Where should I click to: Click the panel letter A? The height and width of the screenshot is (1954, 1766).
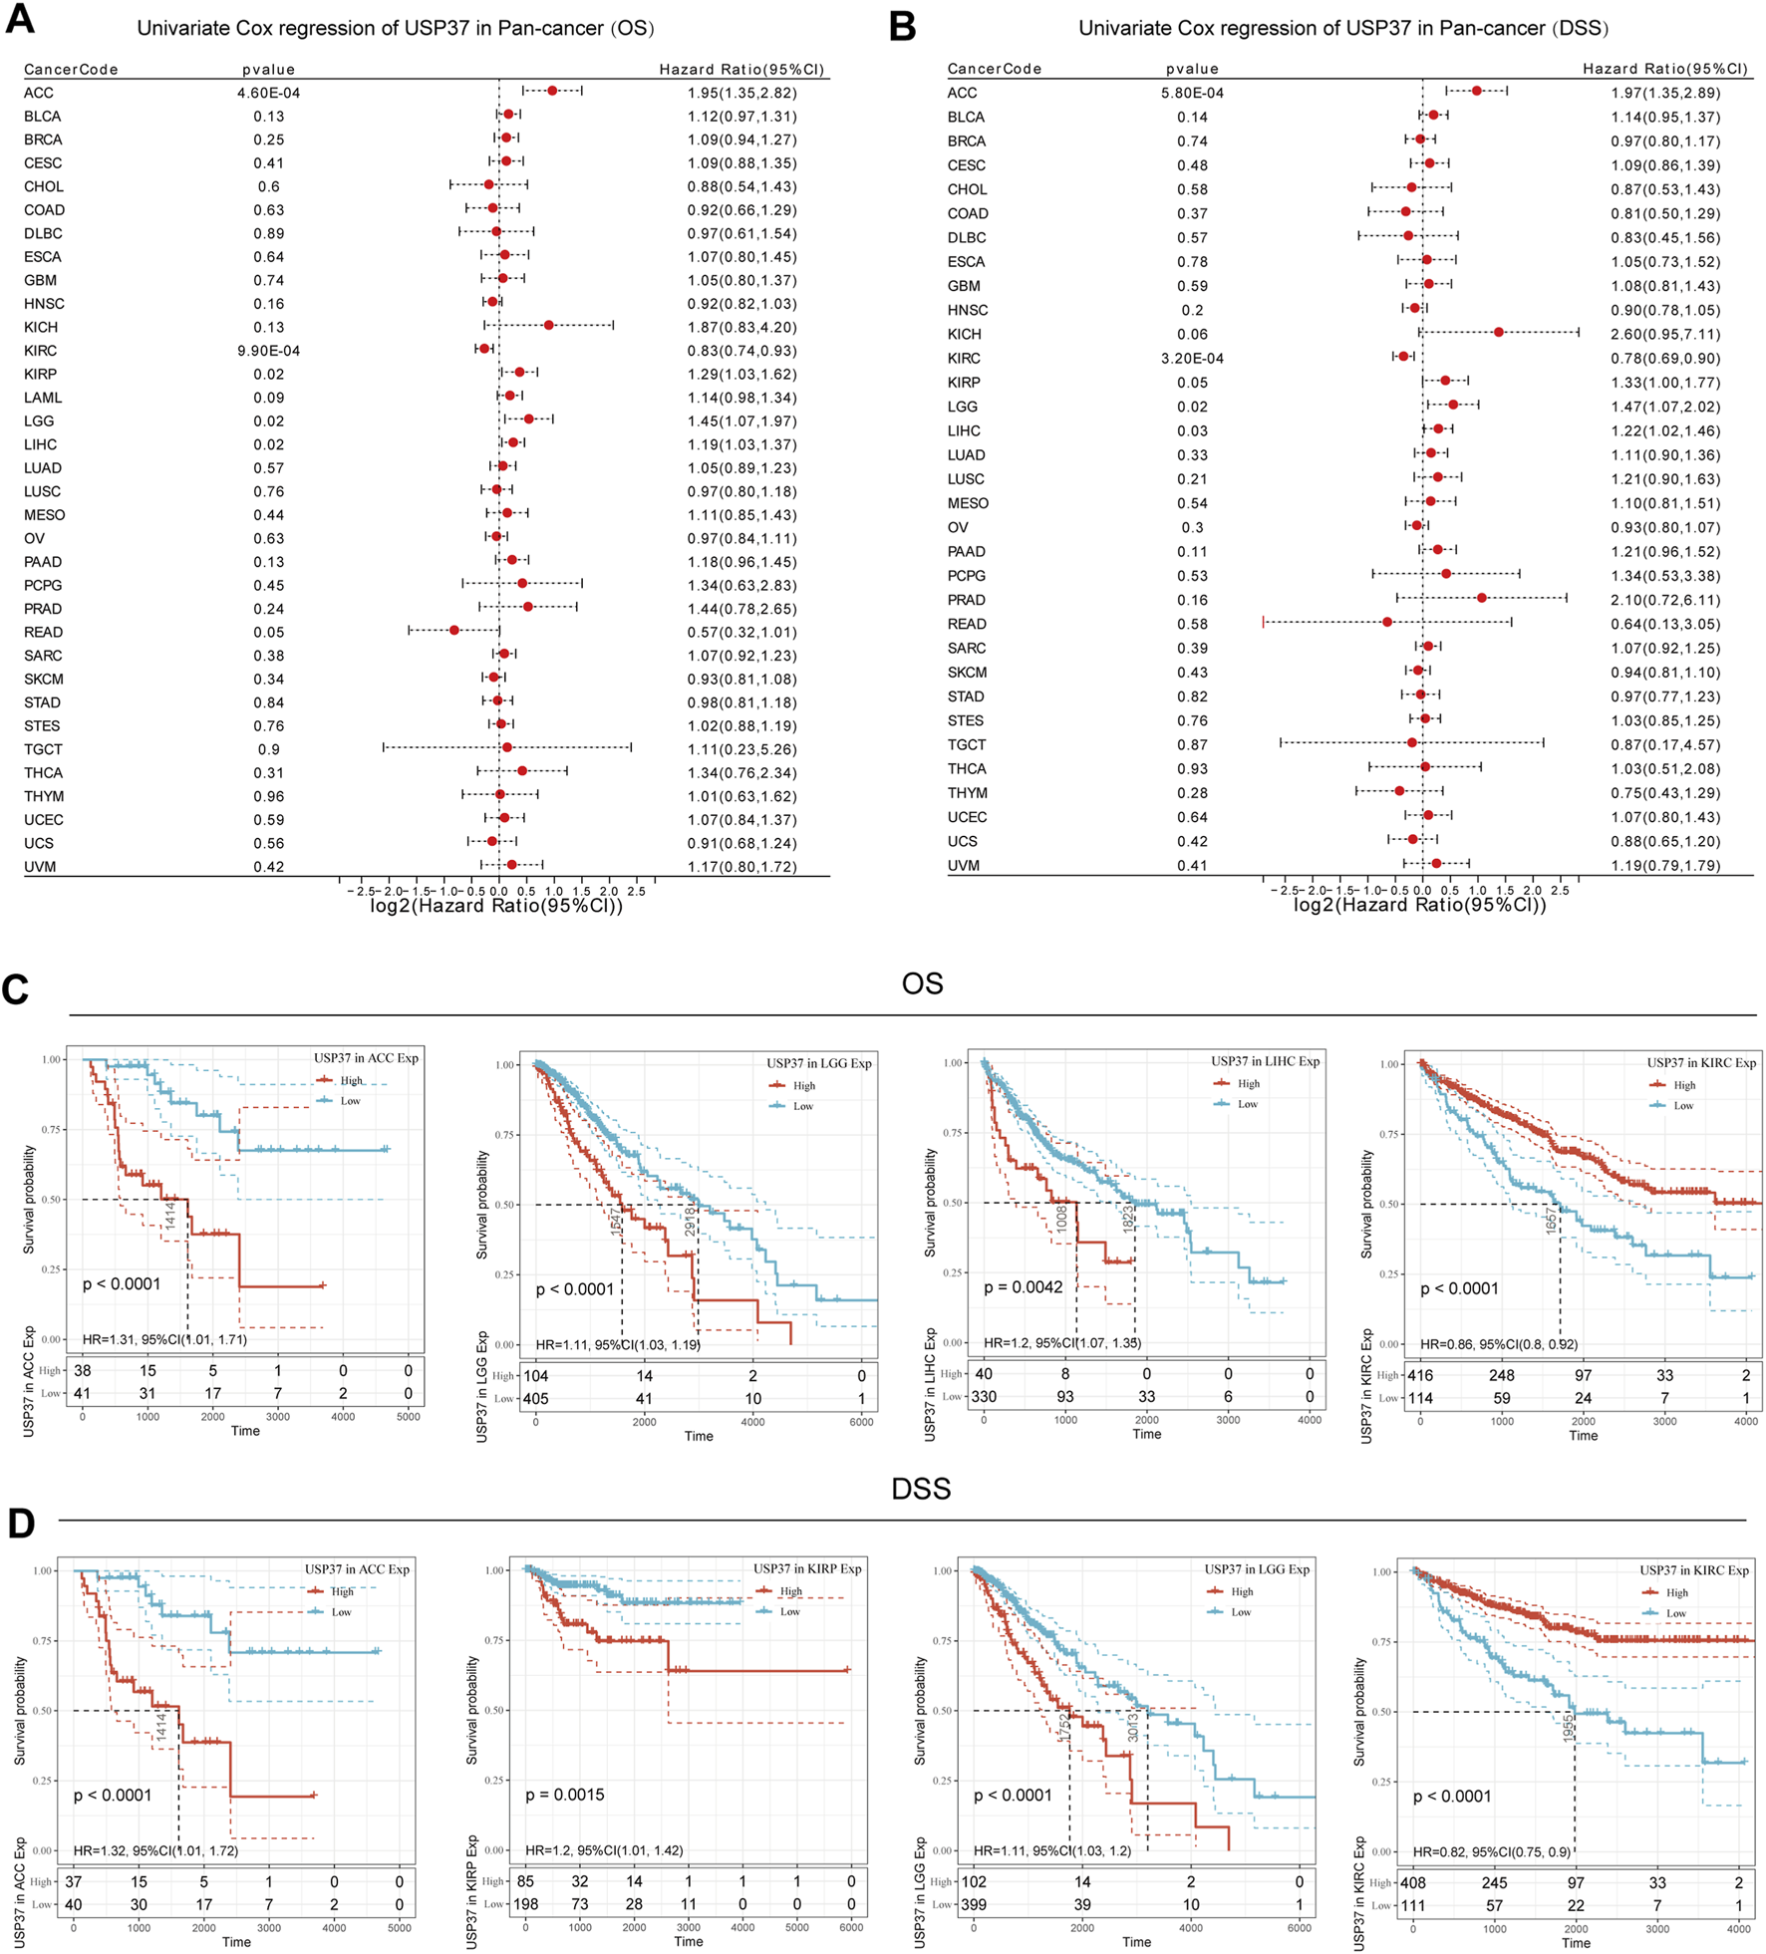tap(19, 20)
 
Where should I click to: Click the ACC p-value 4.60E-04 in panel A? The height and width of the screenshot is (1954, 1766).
tap(268, 93)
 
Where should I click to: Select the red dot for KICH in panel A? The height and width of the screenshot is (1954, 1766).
tap(549, 325)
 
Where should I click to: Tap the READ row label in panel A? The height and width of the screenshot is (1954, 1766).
tap(43, 632)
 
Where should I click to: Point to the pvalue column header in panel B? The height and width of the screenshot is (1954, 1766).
tap(1192, 69)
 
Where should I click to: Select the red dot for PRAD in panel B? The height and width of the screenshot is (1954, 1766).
tap(1482, 598)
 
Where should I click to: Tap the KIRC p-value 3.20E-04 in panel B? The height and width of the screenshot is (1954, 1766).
tap(1192, 359)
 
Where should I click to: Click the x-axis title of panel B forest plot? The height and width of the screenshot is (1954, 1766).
tap(1419, 905)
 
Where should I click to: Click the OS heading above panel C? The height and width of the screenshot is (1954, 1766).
tap(922, 984)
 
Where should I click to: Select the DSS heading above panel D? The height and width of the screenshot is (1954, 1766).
tap(921, 1489)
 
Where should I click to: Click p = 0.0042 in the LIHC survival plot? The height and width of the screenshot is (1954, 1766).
tap(1023, 1287)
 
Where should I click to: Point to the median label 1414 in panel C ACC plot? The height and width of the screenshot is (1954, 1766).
tap(170, 1216)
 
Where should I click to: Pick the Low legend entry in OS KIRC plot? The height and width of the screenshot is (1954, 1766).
tap(1683, 1105)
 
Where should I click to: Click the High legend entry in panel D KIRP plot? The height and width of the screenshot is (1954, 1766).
tap(790, 1591)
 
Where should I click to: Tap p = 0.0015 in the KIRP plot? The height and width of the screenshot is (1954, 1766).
tap(564, 1795)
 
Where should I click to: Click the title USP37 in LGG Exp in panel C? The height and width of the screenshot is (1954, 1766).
tap(818, 1063)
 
